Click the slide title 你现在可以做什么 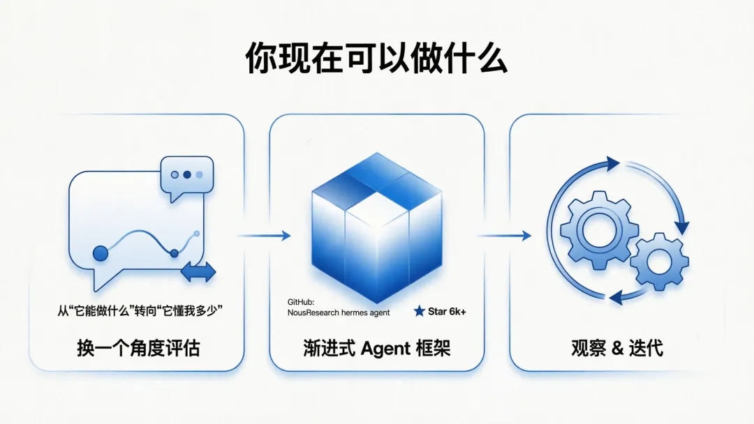[376, 59]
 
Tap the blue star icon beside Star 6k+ [419, 311]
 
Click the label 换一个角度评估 [138, 348]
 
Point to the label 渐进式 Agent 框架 [377, 348]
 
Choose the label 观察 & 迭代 [616, 348]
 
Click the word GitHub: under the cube [302, 302]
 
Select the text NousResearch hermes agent [339, 312]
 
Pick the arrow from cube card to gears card [504, 236]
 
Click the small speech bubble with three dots [186, 174]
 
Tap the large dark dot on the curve [101, 253]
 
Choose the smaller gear [659, 262]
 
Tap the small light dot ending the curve [197, 233]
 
